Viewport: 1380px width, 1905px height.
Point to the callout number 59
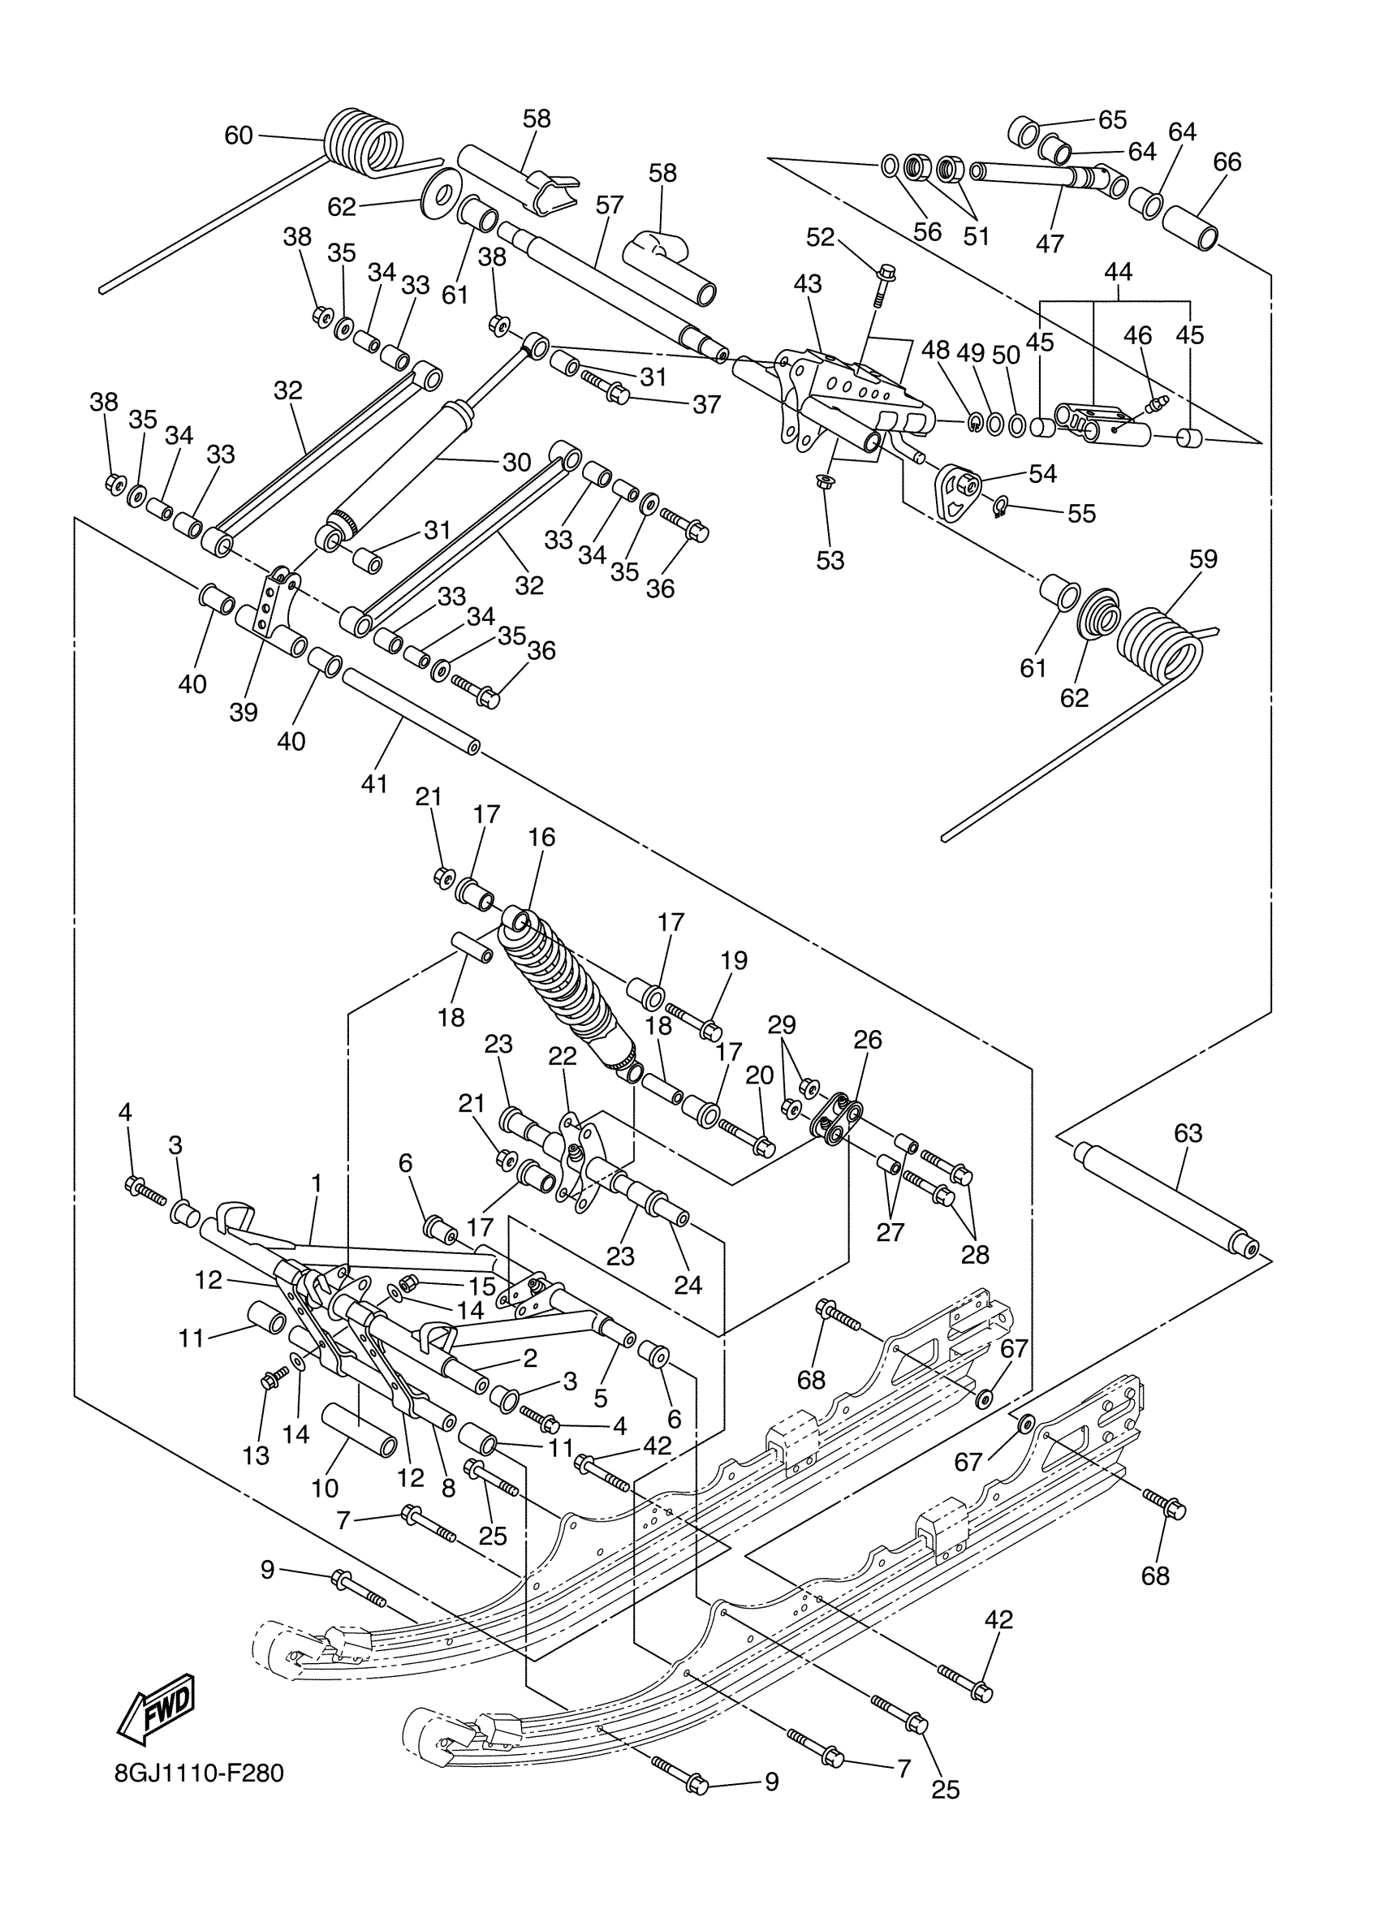click(x=1204, y=558)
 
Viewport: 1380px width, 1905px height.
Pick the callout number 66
click(x=1227, y=162)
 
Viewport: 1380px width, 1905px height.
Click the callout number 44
click(x=1118, y=271)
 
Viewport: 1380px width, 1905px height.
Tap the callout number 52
click(x=820, y=237)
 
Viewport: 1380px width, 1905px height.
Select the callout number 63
click(x=1188, y=1133)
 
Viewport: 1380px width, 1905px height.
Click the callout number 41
click(x=374, y=783)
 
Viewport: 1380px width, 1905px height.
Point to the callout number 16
click(x=541, y=837)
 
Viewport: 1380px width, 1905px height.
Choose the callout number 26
click(x=868, y=1040)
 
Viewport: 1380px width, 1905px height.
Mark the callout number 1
click(x=317, y=1183)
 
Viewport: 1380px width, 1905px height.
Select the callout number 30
click(x=516, y=462)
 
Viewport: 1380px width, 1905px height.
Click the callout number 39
click(x=244, y=713)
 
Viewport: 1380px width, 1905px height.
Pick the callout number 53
click(x=830, y=560)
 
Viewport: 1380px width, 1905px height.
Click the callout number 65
click(x=1112, y=120)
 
